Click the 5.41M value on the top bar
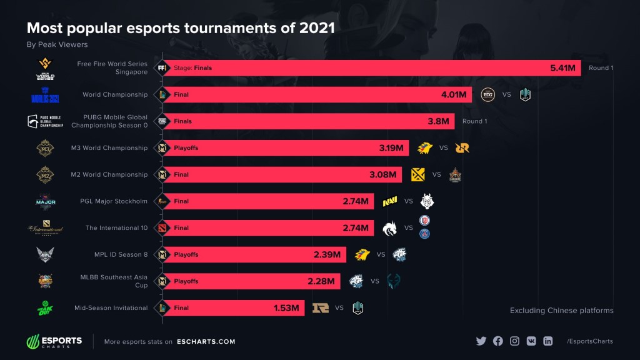tap(561, 68)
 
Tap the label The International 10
tap(116, 228)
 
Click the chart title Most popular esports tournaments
tap(180, 28)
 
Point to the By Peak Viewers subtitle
tap(57, 45)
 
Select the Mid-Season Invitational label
tap(110, 307)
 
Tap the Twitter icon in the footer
tap(481, 341)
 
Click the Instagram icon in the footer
tap(514, 341)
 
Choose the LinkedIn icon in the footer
tap(548, 341)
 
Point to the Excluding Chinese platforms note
tap(561, 311)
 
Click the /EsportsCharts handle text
tap(589, 341)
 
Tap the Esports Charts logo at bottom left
tap(54, 341)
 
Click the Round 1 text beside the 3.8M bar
tap(474, 121)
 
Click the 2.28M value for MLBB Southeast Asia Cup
tap(321, 281)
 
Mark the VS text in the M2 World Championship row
tap(437, 175)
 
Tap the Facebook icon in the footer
tap(497, 341)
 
